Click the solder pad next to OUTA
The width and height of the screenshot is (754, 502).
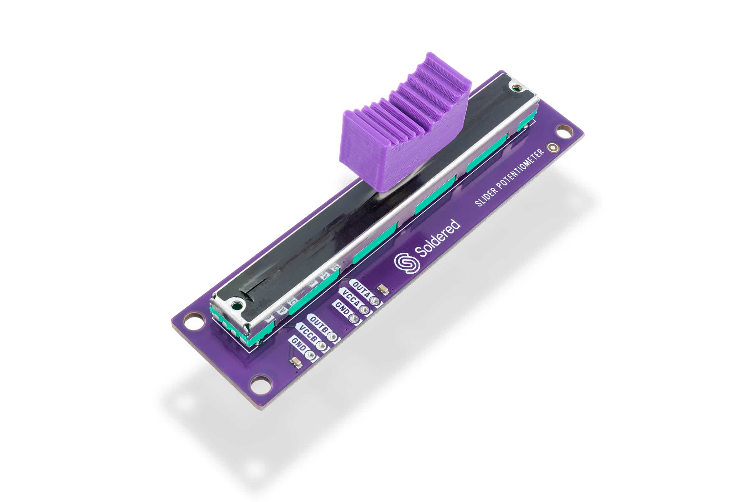point(374,300)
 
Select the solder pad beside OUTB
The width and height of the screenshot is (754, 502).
point(332,336)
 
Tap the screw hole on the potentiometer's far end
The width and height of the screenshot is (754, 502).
point(515,87)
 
